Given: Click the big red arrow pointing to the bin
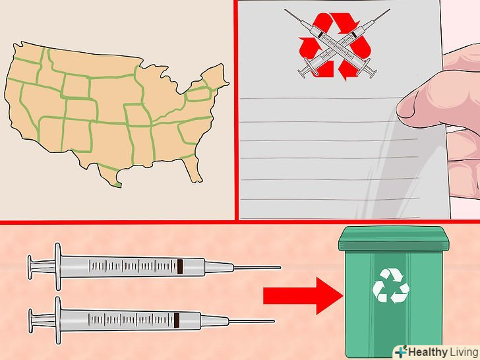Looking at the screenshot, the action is coord(303,296).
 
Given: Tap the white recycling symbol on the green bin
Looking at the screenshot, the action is coord(390,285).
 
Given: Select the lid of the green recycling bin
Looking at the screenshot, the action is coord(394,238).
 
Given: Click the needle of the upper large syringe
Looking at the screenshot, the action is coord(257,268).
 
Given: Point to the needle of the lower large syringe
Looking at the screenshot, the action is coord(251,321).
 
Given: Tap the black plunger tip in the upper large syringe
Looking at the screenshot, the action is coord(180,266).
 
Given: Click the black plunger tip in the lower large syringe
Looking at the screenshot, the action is coord(177,320).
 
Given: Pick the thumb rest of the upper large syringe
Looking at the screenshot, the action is coord(30,267).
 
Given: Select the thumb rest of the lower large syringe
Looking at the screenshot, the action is coord(30,320).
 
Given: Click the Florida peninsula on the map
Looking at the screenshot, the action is coord(193,169).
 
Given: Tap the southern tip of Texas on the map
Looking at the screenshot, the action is coord(117,185).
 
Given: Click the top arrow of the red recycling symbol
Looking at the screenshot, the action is coord(337,21).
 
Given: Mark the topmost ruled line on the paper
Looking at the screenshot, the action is coord(322,98).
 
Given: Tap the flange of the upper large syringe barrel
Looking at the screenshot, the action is coord(58,266).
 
